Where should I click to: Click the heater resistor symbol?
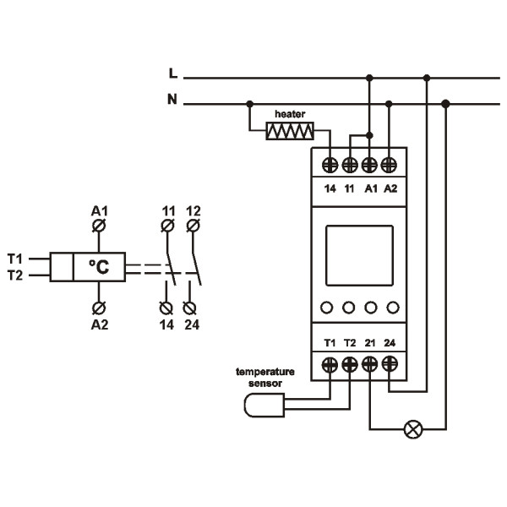[x=290, y=131]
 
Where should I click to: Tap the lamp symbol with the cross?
[x=413, y=430]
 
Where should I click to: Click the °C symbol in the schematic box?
[x=100, y=268]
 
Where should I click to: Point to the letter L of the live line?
[x=173, y=75]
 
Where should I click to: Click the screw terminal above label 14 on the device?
[x=330, y=164]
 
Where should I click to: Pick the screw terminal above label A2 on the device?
[x=390, y=164]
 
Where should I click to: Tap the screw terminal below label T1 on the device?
[x=330, y=365]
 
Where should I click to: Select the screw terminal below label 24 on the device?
[x=390, y=365]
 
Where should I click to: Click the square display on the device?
[x=359, y=255]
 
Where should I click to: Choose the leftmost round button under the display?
[x=329, y=308]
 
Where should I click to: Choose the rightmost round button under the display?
[x=390, y=308]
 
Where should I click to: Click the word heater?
[x=290, y=112]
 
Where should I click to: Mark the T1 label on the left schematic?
[x=14, y=258]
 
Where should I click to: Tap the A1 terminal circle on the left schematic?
[x=101, y=226]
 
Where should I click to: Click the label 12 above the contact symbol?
[x=193, y=209]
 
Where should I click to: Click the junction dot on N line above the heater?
[x=249, y=104]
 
